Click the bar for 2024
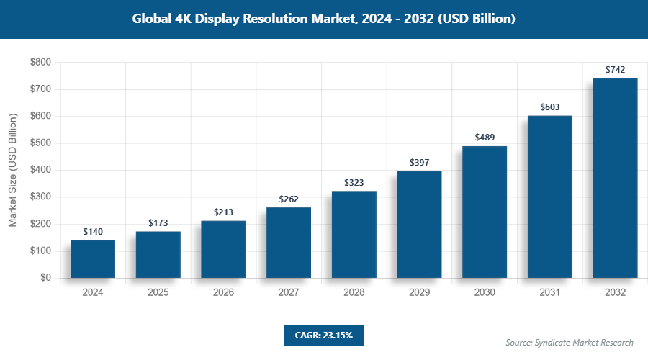(93, 259)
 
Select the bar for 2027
(289, 243)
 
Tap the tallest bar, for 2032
(615, 178)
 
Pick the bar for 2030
(485, 212)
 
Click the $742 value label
(615, 70)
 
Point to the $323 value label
(354, 183)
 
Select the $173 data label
(158, 223)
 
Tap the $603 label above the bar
(550, 107)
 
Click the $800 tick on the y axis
(40, 63)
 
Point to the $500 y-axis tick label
(40, 143)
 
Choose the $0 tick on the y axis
(45, 278)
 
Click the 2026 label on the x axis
(223, 293)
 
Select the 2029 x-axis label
(419, 293)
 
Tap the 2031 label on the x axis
(550, 293)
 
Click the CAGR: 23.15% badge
(323, 336)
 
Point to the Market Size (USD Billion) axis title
(12, 170)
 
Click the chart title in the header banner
(323, 19)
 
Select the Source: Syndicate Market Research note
(570, 342)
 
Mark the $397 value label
(419, 163)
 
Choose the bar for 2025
(158, 254)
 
